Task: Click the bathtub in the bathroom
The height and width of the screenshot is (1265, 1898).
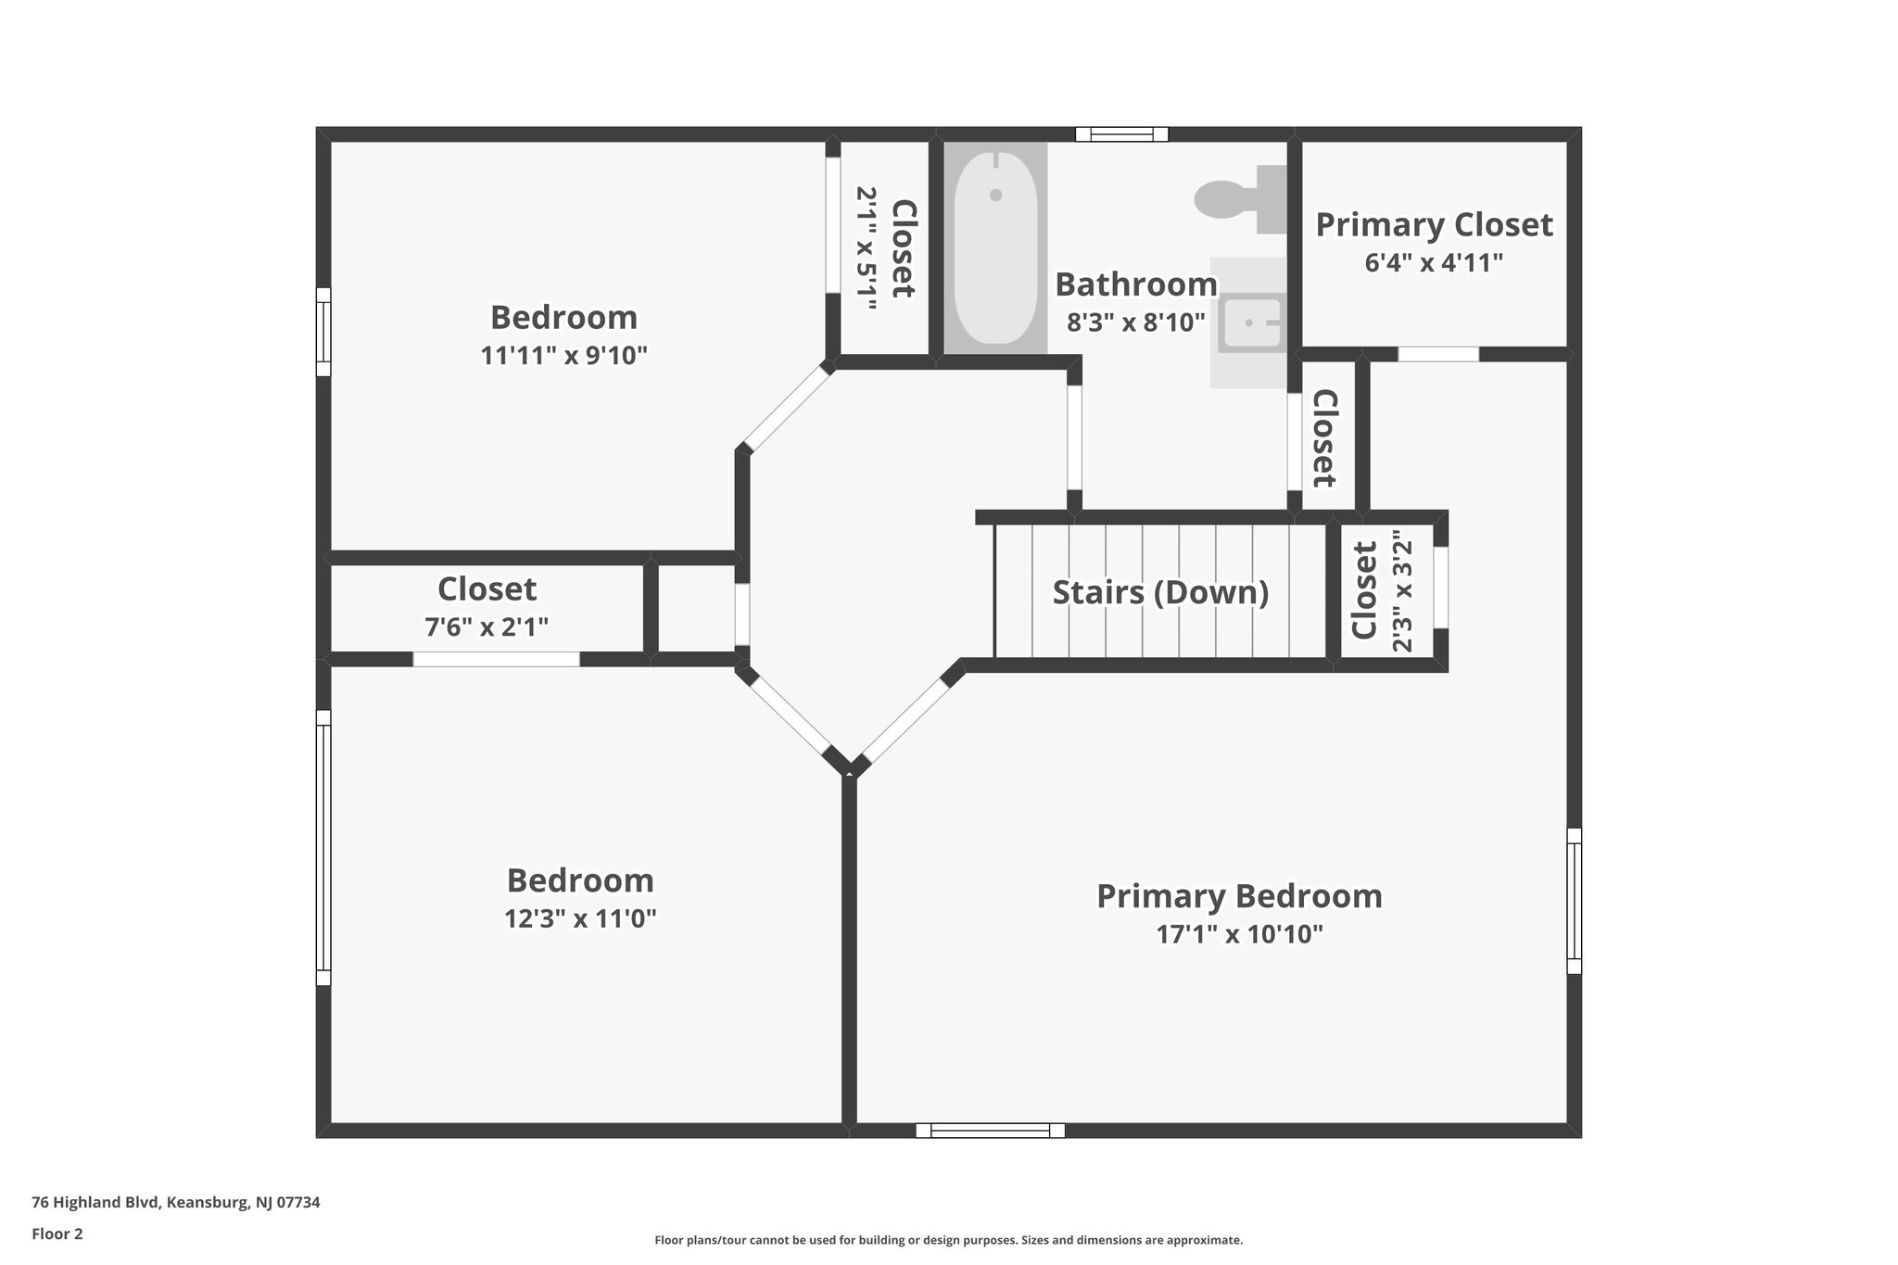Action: [x=995, y=247]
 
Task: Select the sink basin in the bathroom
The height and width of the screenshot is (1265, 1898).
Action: [x=1250, y=323]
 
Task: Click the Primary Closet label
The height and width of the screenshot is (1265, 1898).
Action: [x=1433, y=225]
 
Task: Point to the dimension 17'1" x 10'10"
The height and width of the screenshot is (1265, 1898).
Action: [x=1239, y=934]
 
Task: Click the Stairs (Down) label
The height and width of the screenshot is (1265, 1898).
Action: [x=1160, y=592]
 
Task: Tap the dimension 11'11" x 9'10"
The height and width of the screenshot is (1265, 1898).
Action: [x=563, y=356]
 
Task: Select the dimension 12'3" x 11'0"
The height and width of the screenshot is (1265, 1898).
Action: [x=580, y=918]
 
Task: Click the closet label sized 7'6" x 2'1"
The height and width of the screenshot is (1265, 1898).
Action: [x=487, y=589]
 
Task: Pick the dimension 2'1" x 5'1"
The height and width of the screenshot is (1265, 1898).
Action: [x=866, y=248]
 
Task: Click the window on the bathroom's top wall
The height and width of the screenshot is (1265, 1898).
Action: [x=1121, y=134]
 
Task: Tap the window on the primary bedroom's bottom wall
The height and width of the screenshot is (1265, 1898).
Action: [x=990, y=1130]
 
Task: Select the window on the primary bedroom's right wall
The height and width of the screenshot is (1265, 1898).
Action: [x=1574, y=901]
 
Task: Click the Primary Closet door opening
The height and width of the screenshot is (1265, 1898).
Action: [x=1437, y=354]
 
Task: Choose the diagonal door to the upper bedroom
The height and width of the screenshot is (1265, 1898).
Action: [x=787, y=409]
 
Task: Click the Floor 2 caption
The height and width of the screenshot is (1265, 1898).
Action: [x=57, y=1233]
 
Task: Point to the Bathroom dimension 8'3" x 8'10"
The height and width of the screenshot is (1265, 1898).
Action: [x=1135, y=323]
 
